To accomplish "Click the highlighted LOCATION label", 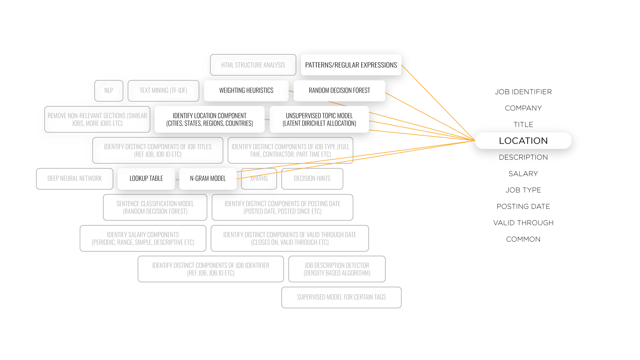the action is (x=523, y=141).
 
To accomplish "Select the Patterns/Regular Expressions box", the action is (x=351, y=65).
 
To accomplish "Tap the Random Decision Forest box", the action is (x=339, y=91).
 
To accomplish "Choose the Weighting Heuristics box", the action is (x=246, y=91).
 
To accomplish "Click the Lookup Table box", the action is (x=146, y=179).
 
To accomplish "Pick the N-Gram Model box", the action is (x=208, y=179).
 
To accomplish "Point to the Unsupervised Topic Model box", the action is (x=319, y=119).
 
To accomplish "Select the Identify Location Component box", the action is (x=210, y=119).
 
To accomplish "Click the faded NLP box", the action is (x=109, y=91).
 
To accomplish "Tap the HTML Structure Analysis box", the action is (x=253, y=65).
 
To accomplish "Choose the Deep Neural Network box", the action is (x=75, y=179).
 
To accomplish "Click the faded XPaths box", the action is (x=259, y=179).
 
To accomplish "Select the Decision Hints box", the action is (x=312, y=179).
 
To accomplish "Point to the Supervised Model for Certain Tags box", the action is (x=341, y=297).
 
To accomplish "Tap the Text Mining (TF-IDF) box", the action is (x=163, y=91).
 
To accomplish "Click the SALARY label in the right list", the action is (x=523, y=174).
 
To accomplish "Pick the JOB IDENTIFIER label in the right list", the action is (x=523, y=92).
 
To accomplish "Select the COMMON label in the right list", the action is (x=523, y=239).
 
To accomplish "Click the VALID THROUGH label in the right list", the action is (x=523, y=223).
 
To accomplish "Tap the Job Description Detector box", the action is (x=337, y=269).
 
